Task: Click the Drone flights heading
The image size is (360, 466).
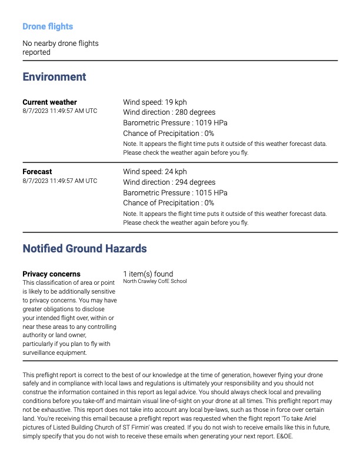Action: (x=48, y=26)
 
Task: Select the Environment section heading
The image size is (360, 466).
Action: (x=54, y=77)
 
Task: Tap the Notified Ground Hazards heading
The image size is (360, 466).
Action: (x=85, y=249)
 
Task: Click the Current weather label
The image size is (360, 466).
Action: (x=49, y=102)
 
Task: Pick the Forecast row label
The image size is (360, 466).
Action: (x=37, y=172)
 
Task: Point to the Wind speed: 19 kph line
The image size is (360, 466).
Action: (x=155, y=102)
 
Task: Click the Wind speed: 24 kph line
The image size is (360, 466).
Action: (x=155, y=172)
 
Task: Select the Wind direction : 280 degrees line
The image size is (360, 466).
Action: (x=169, y=112)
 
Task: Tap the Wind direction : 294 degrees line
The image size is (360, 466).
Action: (x=169, y=182)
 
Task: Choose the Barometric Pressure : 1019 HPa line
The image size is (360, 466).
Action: (x=175, y=123)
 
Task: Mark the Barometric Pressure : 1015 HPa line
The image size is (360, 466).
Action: (x=175, y=193)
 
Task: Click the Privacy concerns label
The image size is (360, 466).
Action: (x=51, y=274)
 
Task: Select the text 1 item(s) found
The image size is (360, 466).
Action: (x=148, y=274)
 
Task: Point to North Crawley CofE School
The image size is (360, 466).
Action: (x=155, y=281)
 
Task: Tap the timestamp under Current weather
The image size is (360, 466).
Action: (x=59, y=111)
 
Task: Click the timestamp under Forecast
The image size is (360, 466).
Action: (x=59, y=181)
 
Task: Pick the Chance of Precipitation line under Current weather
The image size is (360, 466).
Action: (x=168, y=134)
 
